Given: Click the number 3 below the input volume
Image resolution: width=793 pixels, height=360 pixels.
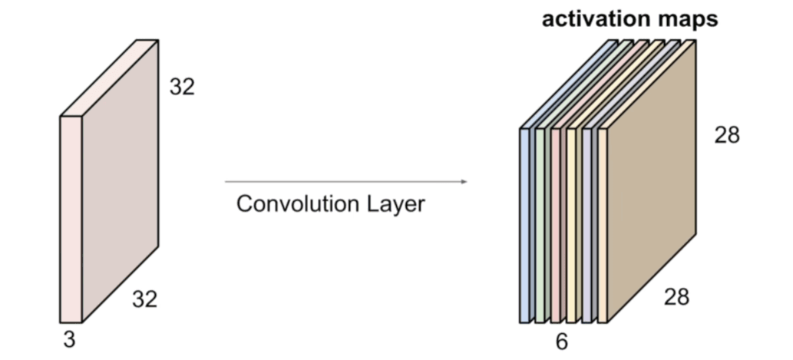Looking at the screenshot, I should (x=70, y=339).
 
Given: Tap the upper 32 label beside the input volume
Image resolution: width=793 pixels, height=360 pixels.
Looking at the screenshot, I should (x=182, y=88).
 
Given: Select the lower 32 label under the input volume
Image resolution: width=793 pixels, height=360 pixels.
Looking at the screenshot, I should (x=144, y=299).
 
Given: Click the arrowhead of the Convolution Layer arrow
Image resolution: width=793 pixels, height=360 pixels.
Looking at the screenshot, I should (x=464, y=182).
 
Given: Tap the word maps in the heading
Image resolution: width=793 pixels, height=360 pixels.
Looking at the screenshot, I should (x=686, y=19).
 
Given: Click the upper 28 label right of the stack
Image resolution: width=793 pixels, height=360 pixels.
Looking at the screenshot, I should (x=727, y=135).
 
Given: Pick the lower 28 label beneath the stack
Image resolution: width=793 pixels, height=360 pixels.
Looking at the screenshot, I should (x=676, y=296).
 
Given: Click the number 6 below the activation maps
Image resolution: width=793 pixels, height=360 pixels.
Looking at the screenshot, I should (x=562, y=342).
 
